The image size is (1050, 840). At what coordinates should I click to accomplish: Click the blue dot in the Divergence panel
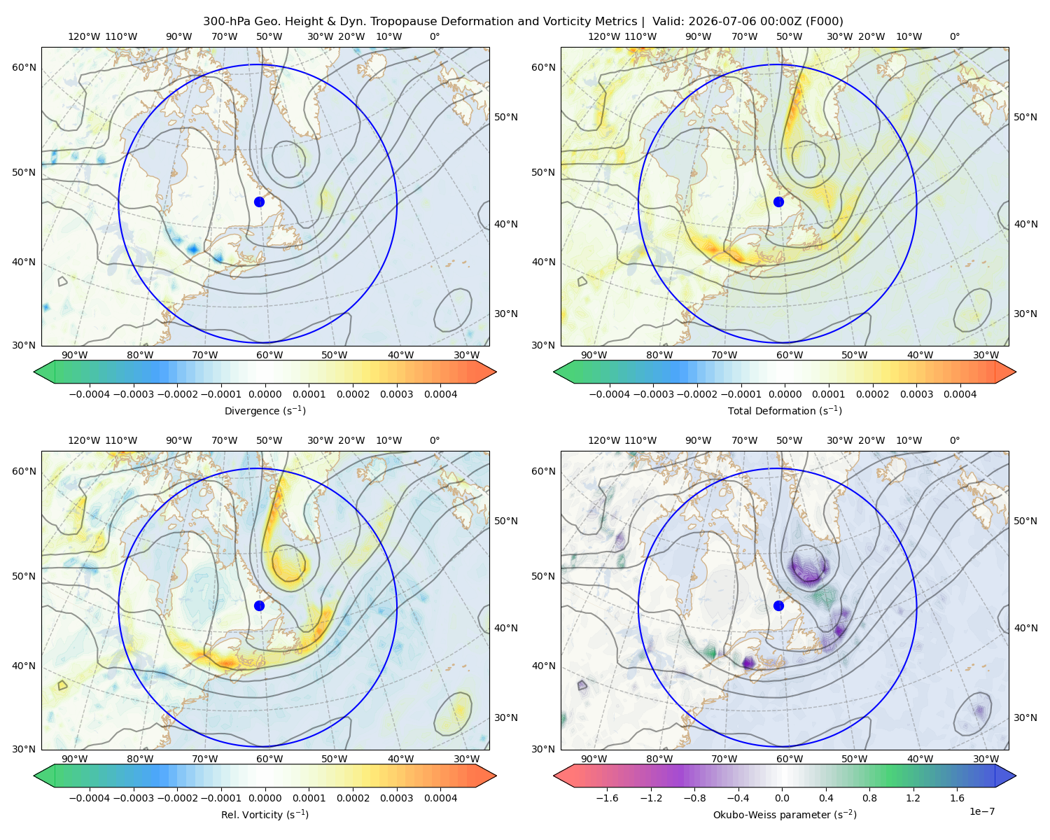(259, 202)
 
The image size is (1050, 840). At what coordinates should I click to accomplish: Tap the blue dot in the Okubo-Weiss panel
(778, 605)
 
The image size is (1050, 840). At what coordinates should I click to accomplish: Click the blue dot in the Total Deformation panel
(778, 202)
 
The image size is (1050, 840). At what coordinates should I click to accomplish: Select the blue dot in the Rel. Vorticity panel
(259, 605)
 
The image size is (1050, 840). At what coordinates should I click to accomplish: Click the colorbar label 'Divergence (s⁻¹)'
(265, 410)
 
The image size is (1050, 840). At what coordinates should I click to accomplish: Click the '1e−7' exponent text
(981, 811)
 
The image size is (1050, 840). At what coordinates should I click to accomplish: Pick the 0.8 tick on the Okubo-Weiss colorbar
(869, 798)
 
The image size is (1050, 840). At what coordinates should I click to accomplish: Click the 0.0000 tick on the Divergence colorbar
(265, 394)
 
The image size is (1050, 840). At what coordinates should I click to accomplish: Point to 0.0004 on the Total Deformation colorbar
(960, 394)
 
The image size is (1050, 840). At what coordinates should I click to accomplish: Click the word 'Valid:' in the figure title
(668, 22)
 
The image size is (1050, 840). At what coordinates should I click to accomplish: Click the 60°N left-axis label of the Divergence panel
(24, 67)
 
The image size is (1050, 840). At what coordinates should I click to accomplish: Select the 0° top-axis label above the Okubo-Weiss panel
(955, 440)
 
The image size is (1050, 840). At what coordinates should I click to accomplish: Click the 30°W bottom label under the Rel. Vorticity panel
(467, 759)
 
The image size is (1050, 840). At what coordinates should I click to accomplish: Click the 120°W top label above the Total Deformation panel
(604, 36)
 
